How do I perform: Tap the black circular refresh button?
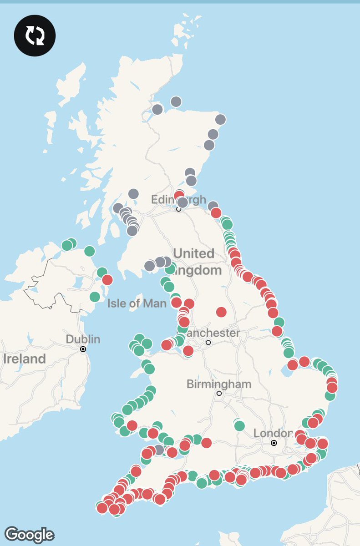point(35,35)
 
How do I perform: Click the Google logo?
point(30,534)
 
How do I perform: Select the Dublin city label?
point(83,339)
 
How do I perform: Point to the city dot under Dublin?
point(83,349)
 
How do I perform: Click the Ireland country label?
point(25,359)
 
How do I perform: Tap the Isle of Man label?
point(137,303)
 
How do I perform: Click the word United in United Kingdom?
point(193,253)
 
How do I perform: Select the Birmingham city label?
point(219,384)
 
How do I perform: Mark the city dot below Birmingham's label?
point(219,394)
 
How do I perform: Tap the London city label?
point(273,433)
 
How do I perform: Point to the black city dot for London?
point(274,443)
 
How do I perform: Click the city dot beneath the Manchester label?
point(208,342)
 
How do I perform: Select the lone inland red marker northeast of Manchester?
point(221,312)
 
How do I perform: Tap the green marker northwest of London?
point(239,426)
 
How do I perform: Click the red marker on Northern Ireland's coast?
point(107,279)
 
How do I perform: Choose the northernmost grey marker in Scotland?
point(176,101)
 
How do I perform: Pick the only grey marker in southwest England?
point(158,450)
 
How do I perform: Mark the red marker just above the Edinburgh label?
point(179,195)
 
